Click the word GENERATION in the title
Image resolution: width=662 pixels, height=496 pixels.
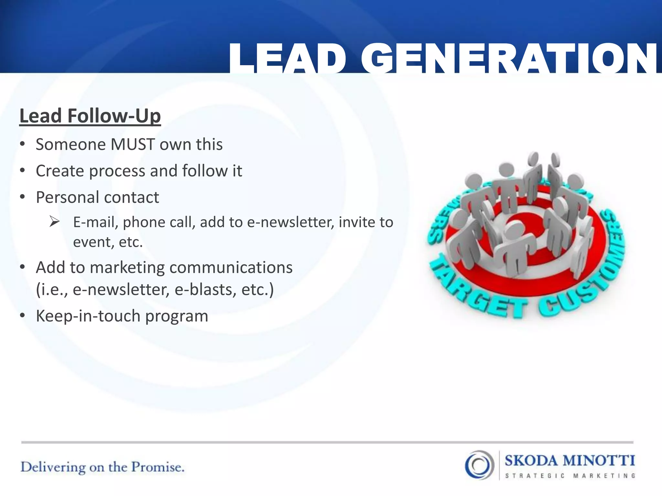point(509,59)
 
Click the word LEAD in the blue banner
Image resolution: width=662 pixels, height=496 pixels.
point(288,59)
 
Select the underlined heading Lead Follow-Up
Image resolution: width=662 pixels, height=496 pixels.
point(90,116)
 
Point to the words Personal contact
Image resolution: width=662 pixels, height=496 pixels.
point(97,197)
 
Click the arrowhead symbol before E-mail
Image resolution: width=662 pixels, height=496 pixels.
point(54,222)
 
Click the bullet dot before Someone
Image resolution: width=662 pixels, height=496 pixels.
point(22,144)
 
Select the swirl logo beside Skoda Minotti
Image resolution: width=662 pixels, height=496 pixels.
point(479,465)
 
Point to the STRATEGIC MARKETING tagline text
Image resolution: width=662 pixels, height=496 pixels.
point(570,476)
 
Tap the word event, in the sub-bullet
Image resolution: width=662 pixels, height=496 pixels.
point(93,242)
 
